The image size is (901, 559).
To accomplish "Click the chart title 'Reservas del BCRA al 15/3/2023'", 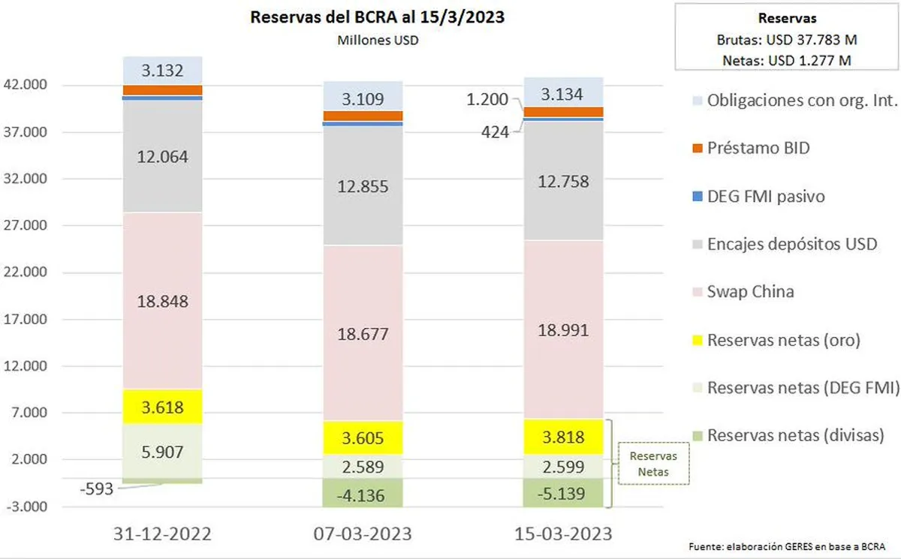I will coord(377,17).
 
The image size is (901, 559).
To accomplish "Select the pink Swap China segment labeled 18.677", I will coord(363,333).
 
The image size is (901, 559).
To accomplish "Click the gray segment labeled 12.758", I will coord(564,181).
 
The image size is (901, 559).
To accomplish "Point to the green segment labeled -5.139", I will coord(564,493).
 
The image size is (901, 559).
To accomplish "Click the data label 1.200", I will coord(488,98).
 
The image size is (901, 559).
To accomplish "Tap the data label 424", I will coord(496,132).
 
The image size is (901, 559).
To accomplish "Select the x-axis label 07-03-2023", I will coord(363,534).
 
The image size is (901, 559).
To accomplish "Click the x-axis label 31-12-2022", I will coord(163,534).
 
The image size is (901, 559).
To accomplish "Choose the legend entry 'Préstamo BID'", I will coord(758,148).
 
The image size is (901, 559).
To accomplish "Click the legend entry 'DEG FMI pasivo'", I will coord(766,197).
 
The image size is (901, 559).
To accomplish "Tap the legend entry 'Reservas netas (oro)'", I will coord(783,340).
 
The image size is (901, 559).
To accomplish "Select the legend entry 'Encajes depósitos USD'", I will coord(792,244).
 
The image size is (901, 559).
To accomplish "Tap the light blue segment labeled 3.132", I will coord(163,71).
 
